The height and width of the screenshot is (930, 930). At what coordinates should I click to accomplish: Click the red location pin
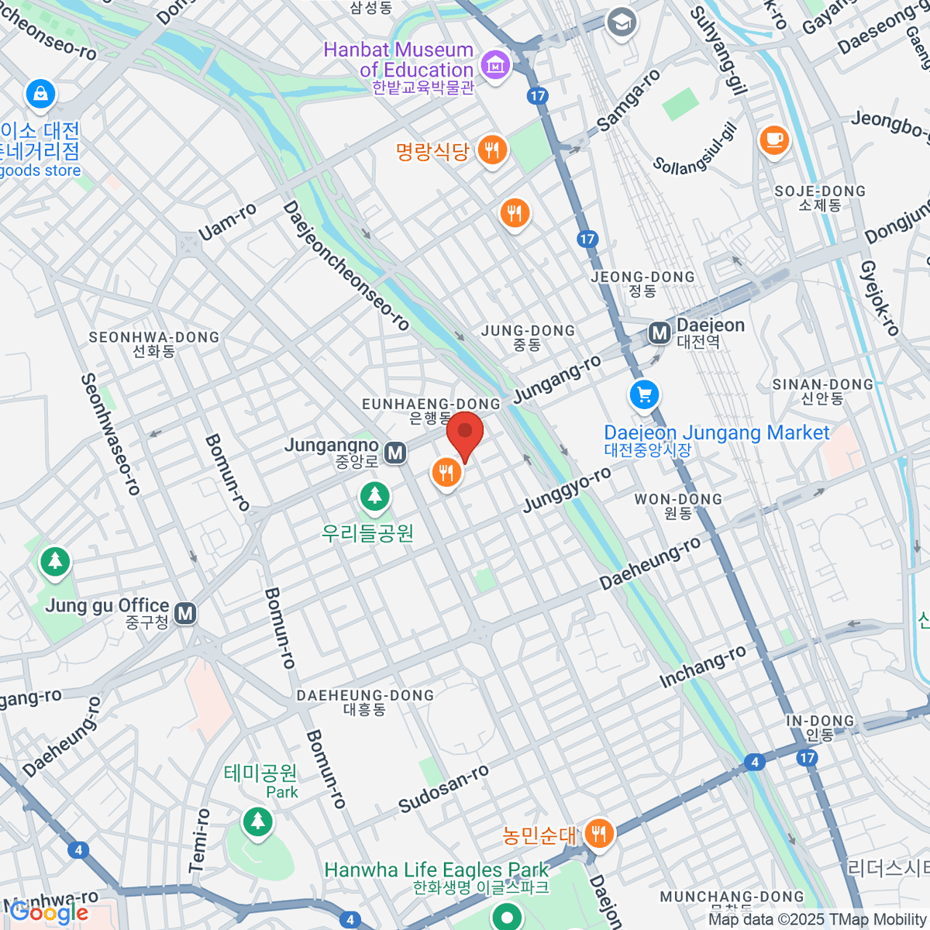(465, 434)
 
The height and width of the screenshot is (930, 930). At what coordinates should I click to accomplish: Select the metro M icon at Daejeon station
(660, 333)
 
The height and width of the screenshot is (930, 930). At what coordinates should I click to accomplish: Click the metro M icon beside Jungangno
(395, 453)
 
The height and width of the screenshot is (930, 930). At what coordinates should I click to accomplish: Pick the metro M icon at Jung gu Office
(185, 614)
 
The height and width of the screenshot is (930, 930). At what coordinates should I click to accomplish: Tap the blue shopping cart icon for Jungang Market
(644, 395)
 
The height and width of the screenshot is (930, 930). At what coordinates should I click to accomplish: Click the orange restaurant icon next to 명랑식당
(492, 150)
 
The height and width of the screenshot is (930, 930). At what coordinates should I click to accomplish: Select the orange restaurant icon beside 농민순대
(598, 834)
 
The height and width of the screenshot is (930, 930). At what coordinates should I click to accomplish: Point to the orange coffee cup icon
(773, 140)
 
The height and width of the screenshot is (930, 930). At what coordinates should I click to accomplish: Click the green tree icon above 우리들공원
(375, 495)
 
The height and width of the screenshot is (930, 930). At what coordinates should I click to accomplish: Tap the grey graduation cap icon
(622, 22)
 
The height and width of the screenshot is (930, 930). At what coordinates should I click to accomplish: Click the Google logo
(48, 913)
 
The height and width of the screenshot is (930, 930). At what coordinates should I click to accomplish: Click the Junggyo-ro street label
(567, 490)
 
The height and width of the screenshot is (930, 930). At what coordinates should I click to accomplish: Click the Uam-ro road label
(227, 222)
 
